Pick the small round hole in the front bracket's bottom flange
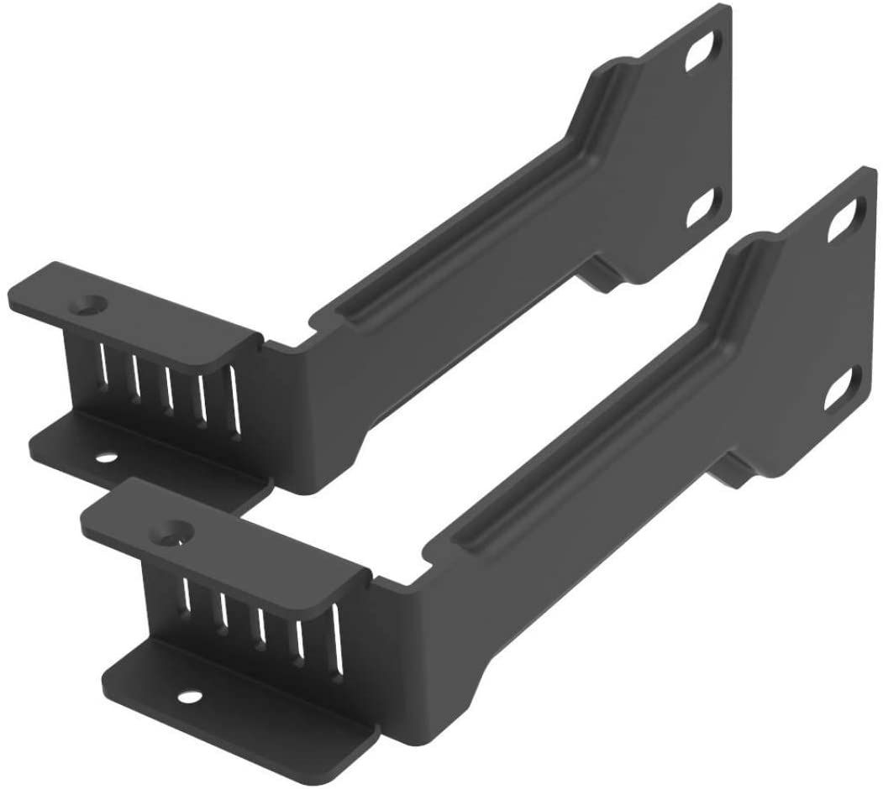pos(188,696)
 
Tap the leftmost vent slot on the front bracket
pos(186,593)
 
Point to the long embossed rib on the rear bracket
pos(470,227)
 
